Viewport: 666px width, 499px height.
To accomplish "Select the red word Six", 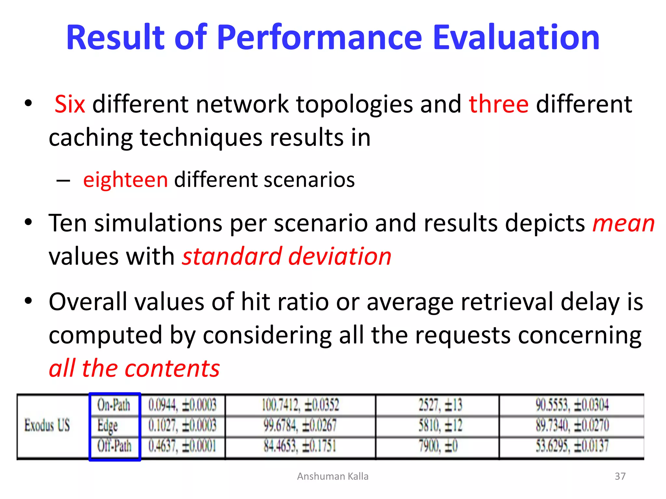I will (x=70, y=104).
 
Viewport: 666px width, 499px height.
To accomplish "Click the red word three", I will (x=499, y=104).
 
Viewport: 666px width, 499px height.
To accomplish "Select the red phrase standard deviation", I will (x=286, y=256).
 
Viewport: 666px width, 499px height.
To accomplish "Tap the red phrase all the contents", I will (x=134, y=368).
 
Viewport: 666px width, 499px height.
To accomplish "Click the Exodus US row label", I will (x=47, y=425).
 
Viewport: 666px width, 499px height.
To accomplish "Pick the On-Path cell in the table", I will (x=114, y=405).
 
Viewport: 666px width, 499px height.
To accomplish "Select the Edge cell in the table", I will (x=108, y=426).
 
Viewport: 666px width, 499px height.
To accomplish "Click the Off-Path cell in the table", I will (x=114, y=446).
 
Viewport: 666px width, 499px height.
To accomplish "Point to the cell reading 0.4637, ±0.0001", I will (x=182, y=446).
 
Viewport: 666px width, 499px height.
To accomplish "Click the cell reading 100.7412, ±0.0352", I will (x=300, y=405).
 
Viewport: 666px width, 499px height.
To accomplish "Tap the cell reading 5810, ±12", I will (x=440, y=426).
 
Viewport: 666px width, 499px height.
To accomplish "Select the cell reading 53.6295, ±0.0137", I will (x=572, y=446).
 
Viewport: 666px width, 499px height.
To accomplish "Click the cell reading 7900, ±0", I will (x=438, y=446).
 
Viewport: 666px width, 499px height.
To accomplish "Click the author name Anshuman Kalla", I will (x=333, y=476).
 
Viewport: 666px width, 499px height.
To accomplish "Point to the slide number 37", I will (x=620, y=476).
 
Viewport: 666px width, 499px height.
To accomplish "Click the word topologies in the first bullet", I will (x=354, y=104).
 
